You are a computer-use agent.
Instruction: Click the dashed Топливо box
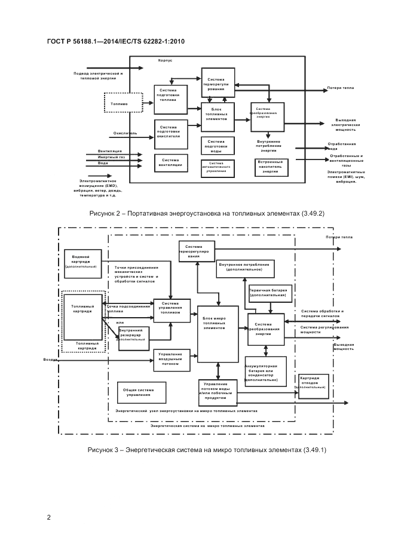tap(123, 103)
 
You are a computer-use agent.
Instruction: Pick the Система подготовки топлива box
tap(171, 97)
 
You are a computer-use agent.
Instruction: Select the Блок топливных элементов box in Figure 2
tap(216, 115)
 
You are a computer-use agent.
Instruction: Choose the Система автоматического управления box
tap(216, 167)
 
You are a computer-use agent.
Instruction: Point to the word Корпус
tap(166, 61)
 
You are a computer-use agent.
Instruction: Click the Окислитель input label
tap(125, 133)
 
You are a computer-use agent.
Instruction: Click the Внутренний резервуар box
tap(134, 335)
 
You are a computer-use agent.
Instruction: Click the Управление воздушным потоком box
tap(171, 360)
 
